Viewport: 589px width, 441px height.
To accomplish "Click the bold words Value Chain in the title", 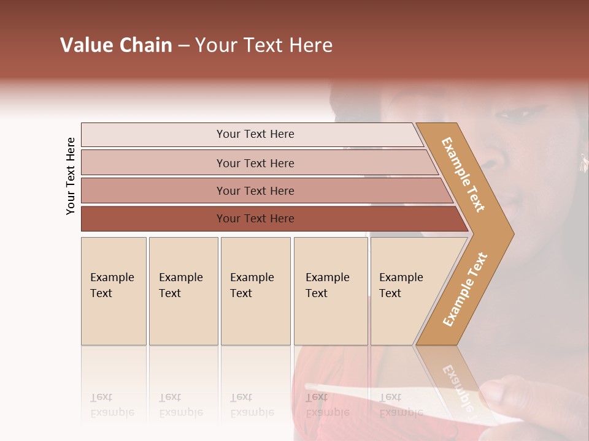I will (116, 45).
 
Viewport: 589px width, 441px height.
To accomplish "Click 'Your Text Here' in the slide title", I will (264, 45).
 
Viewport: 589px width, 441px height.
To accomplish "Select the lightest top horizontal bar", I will (255, 134).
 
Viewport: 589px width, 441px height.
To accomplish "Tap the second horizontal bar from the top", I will (255, 163).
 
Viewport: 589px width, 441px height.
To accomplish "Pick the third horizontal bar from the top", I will (255, 190).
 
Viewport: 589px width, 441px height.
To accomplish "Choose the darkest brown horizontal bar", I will (255, 219).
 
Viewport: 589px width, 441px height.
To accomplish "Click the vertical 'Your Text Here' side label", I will (71, 176).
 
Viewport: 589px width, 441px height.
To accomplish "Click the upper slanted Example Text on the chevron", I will (463, 175).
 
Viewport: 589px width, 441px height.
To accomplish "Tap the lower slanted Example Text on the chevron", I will (464, 290).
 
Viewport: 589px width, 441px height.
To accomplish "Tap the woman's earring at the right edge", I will (582, 162).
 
